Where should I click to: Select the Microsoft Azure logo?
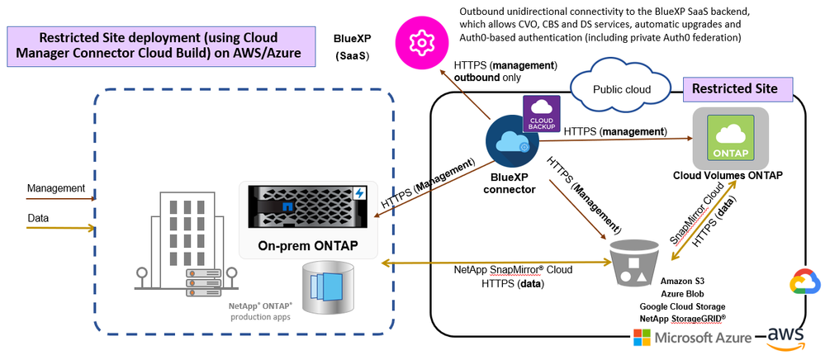point(693,337)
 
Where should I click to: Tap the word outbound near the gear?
point(479,78)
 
